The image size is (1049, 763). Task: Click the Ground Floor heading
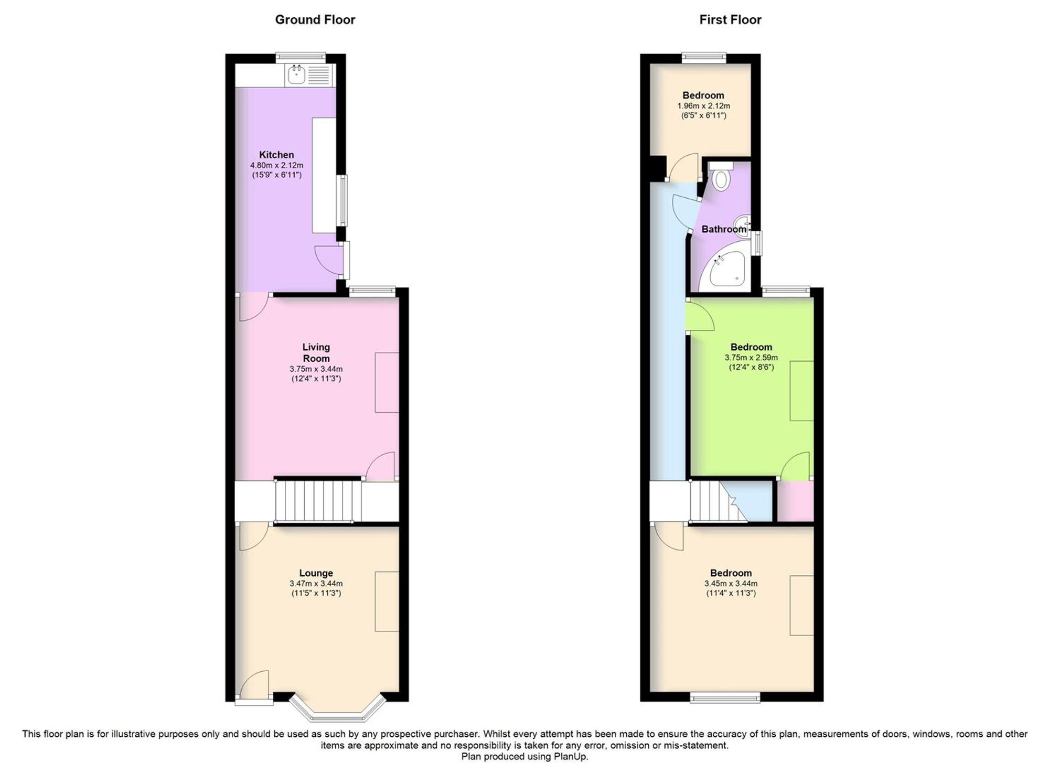(x=315, y=20)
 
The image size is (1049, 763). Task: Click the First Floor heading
(x=730, y=20)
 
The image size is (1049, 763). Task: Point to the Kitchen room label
(x=276, y=155)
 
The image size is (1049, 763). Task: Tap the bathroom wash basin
(x=743, y=224)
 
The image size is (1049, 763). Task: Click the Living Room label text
(x=316, y=352)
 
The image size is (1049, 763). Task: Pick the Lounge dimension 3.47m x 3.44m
(x=316, y=583)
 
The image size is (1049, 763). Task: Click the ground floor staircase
(x=318, y=501)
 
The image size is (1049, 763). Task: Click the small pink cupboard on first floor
(x=795, y=501)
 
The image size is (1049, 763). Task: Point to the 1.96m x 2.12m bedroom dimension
(x=704, y=106)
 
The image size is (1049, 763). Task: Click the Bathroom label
(x=724, y=229)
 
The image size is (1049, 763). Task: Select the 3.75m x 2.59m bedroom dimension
(x=752, y=358)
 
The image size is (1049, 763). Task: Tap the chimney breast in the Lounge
(x=387, y=601)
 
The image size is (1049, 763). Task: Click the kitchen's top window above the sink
(x=301, y=57)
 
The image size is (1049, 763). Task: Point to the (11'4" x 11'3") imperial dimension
(x=731, y=593)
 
